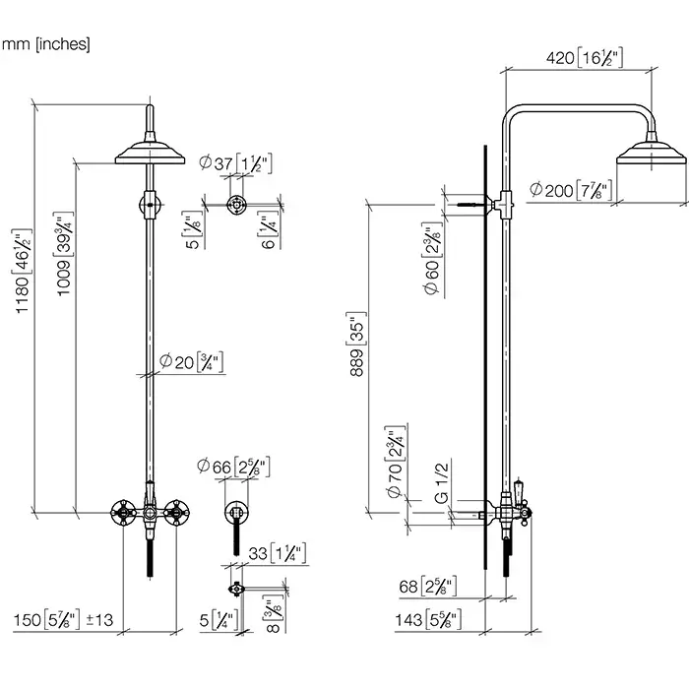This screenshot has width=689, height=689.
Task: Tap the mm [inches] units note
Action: [45, 43]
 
